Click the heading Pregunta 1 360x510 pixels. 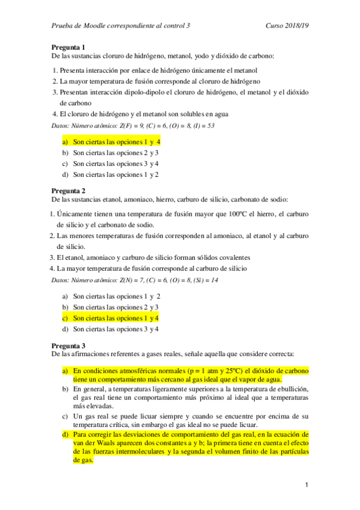(x=68, y=47)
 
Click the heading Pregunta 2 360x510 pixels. (x=68, y=191)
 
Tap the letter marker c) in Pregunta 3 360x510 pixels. (x=65, y=416)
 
